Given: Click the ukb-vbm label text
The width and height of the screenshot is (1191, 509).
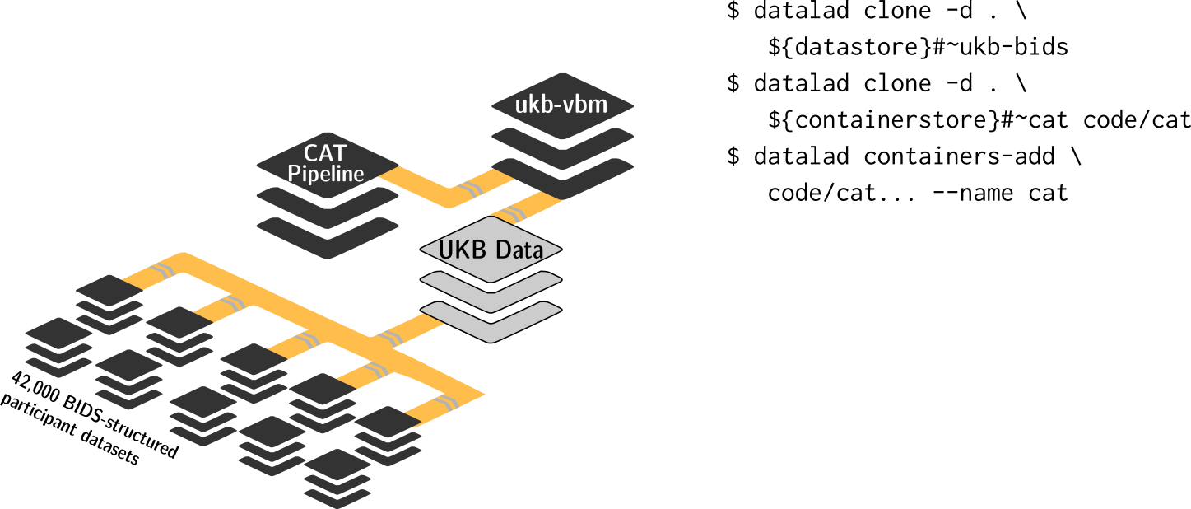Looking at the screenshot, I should click(x=562, y=105).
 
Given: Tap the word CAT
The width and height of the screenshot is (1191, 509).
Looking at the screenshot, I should click(x=325, y=153).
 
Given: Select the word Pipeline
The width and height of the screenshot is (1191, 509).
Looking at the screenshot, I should click(x=325, y=174).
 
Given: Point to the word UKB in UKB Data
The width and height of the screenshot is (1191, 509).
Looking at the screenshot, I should click(x=458, y=250).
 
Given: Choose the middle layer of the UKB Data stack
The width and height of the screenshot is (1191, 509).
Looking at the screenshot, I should click(x=491, y=295).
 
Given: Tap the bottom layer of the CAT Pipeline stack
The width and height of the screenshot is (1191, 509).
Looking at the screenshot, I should click(x=327, y=240).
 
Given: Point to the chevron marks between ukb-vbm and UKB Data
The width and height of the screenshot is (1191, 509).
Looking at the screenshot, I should click(x=514, y=215).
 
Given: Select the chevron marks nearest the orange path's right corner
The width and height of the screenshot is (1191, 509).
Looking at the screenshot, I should click(x=449, y=403).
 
